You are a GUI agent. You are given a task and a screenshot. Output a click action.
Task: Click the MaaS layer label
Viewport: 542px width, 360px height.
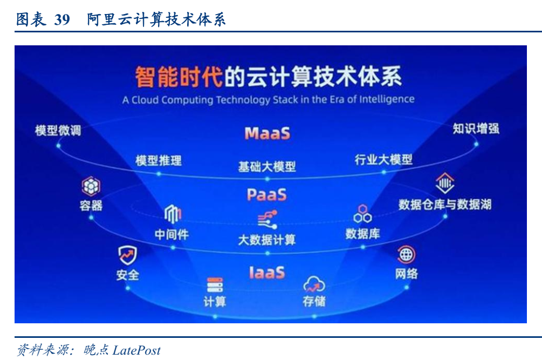click(x=267, y=133)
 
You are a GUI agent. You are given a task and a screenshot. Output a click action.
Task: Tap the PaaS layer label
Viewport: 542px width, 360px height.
click(x=267, y=195)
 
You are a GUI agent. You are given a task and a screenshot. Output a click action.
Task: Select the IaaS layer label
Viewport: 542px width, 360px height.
click(x=267, y=273)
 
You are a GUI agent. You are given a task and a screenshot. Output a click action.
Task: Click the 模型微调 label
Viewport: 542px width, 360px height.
click(x=58, y=131)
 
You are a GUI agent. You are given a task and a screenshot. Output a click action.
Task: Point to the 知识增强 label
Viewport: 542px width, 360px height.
click(x=476, y=128)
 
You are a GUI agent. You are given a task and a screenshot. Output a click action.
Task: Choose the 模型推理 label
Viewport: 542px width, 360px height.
click(x=159, y=160)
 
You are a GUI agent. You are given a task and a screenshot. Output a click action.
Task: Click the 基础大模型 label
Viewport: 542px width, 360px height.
click(x=267, y=167)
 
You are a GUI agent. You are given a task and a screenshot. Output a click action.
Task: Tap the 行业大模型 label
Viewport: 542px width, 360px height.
click(x=383, y=160)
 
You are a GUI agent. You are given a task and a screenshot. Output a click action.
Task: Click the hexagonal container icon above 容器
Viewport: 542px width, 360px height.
click(x=91, y=186)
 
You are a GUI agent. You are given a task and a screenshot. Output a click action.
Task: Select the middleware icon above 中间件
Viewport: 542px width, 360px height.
click(x=173, y=214)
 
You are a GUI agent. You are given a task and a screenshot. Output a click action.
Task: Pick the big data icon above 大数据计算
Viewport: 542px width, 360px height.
click(x=267, y=220)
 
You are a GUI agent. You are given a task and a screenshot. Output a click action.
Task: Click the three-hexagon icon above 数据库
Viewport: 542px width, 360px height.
click(x=362, y=214)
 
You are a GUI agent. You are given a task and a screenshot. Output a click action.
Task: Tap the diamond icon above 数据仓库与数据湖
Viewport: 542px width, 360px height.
click(x=445, y=183)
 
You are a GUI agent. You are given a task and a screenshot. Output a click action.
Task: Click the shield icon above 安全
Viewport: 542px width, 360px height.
click(x=128, y=255)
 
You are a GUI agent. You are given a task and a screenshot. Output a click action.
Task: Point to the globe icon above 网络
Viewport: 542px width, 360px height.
click(x=406, y=255)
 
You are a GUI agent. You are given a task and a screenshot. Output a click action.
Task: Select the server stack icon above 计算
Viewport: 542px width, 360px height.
click(x=215, y=285)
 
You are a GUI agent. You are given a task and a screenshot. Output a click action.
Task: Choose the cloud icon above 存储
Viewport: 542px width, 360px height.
click(x=314, y=285)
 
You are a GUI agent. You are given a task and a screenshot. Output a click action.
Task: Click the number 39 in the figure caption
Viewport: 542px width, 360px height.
click(x=62, y=19)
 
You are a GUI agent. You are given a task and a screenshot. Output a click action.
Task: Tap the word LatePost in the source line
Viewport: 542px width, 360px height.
click(x=136, y=350)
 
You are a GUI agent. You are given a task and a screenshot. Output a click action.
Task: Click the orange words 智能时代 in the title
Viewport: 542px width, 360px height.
click(x=179, y=77)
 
